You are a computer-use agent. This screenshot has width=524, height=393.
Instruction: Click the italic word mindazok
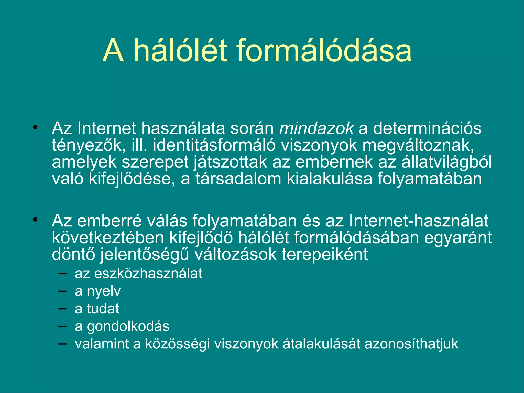[316, 128]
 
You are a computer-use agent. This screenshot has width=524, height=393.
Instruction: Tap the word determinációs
[427, 128]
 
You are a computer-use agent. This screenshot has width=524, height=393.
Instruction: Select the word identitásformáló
[214, 145]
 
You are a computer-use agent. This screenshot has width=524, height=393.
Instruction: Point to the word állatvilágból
[446, 162]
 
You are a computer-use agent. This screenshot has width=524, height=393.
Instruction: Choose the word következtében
[108, 238]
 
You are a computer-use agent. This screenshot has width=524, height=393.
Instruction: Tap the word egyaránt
[458, 238]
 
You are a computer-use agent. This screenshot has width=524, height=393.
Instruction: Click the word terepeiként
[325, 255]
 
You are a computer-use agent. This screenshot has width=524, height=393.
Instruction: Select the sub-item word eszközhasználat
[148, 273]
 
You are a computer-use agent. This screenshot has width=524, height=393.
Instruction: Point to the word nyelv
[104, 291]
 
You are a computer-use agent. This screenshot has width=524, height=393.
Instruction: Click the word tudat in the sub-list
[103, 309]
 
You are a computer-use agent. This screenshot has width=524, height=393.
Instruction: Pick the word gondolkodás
[128, 326]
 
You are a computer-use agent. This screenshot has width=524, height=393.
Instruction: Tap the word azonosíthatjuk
[411, 344]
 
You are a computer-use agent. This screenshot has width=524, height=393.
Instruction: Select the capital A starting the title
[113, 51]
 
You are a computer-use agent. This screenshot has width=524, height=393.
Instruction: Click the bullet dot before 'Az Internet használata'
[35, 127]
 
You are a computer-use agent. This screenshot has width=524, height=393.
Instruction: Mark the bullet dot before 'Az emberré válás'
[35, 220]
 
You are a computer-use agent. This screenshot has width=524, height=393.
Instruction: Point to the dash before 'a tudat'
[62, 309]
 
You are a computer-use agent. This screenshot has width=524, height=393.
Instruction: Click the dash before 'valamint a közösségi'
[62, 344]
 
